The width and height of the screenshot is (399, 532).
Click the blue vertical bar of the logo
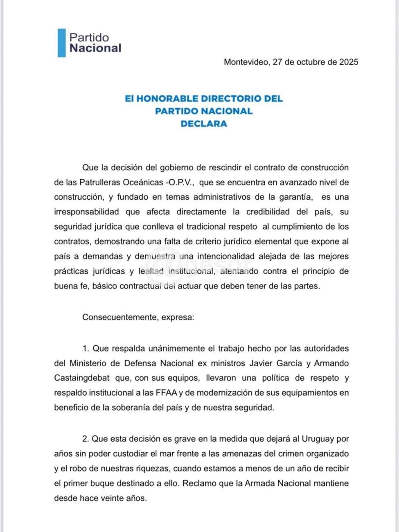point(61,43)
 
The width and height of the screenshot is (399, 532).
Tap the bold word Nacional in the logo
point(95,48)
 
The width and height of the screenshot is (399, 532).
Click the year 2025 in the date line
point(349,62)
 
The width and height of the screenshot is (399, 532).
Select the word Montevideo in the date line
point(246,62)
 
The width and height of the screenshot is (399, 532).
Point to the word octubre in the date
point(311,62)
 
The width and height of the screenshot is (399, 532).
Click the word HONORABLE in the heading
point(168,99)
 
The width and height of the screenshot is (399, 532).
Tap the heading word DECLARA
point(204,124)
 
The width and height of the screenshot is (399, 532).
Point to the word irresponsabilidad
point(86,212)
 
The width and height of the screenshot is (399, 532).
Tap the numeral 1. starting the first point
point(86,349)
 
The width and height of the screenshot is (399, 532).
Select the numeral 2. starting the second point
point(86,439)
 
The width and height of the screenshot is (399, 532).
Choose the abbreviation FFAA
point(166,393)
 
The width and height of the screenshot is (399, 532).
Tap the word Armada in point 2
point(259,483)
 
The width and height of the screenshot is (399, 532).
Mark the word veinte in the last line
point(113,498)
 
